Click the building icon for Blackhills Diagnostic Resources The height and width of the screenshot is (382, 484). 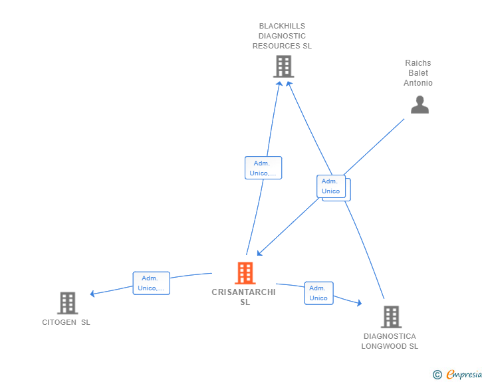coord(283,66)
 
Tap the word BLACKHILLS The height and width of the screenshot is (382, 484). coord(282,26)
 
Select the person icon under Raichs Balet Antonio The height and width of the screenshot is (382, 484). coord(420,105)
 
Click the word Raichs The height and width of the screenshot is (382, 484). coord(418,63)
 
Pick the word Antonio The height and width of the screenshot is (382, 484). coord(418,83)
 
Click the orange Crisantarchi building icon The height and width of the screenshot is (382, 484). coord(245,273)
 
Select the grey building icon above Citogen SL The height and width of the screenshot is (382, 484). coord(67,303)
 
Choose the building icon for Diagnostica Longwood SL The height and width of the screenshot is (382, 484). coord(391,317)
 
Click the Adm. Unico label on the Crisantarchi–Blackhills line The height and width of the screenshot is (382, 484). coord(263,168)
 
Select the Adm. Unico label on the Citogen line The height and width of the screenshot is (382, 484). coord(151,283)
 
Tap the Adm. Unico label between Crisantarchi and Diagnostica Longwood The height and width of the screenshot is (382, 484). coord(318,293)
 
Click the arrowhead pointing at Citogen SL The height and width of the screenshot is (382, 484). coord(92,294)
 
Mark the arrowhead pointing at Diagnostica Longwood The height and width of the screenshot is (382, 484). coord(359,304)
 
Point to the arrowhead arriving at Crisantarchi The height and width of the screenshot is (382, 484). coord(259,252)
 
